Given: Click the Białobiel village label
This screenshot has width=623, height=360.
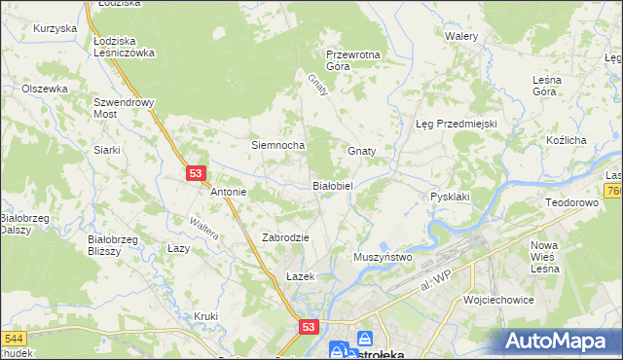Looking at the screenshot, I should (338, 185).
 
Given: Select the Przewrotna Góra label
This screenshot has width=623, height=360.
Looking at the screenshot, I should (352, 60).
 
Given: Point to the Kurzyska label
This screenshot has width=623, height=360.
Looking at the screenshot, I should (55, 28).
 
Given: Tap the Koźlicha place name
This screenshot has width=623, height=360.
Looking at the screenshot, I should (566, 140).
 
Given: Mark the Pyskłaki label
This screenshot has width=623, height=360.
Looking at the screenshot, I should (450, 197).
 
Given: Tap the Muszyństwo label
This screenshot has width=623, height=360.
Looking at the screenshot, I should (384, 257).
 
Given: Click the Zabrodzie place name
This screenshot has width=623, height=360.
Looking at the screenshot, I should (285, 237).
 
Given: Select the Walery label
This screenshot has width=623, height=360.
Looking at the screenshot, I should (461, 35).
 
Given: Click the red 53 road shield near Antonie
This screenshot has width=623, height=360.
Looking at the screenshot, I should (196, 173).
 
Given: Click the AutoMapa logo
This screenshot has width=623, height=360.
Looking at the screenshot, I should (559, 342).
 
